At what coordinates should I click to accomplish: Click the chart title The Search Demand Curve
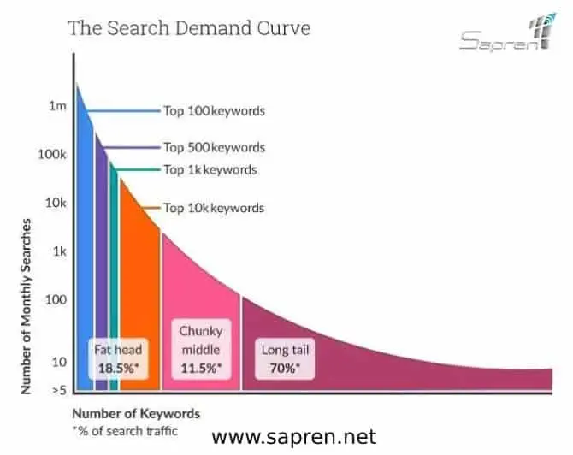(188, 28)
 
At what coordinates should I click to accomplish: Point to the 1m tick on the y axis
(57, 106)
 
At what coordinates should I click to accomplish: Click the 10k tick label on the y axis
(54, 203)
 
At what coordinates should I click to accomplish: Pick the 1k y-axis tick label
(57, 251)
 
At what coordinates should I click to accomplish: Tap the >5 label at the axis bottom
(58, 390)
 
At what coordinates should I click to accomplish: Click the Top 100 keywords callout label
(214, 111)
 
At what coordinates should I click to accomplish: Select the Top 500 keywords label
(214, 147)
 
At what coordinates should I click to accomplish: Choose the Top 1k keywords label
(210, 169)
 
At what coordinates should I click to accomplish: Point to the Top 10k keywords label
(214, 208)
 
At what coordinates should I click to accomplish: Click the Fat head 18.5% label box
(118, 357)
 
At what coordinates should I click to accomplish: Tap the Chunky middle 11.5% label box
(200, 349)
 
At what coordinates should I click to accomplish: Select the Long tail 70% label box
(284, 357)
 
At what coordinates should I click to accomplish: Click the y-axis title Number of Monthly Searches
(27, 306)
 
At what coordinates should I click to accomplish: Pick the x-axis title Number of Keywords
(135, 413)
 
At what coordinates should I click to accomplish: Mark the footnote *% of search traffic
(126, 430)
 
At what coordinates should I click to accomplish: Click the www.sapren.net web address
(293, 438)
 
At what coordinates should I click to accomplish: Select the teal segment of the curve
(113, 274)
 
